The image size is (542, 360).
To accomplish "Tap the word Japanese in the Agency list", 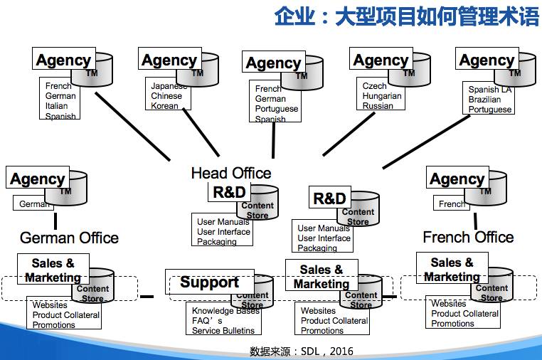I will coord(169,86).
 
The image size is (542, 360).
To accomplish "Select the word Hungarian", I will coord(382,96).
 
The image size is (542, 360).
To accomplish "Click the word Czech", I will coord(375,86).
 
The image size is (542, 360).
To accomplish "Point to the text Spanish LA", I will coord(489,90).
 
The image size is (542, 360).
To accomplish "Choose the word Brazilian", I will coord(484,100).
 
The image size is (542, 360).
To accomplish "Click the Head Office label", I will coord(231,173).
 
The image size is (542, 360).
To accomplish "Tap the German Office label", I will coord(69,237).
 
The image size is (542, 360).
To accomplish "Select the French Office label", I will coord(468,237).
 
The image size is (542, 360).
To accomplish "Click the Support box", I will coord(209,282).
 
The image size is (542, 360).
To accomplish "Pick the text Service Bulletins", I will coord(223,330).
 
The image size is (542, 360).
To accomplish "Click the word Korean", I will coord(164,106).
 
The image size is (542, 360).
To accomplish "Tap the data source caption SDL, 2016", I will coord(302,351).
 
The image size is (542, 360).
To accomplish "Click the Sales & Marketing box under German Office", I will coord(53,270).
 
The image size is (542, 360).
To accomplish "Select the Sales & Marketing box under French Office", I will coord(452,270).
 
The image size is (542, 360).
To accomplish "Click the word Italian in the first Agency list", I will coord(57,106).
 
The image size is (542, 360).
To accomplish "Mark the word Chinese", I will coord(166,96).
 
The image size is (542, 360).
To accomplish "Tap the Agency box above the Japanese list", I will coord(169,60).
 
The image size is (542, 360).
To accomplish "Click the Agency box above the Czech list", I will coord(381,60).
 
